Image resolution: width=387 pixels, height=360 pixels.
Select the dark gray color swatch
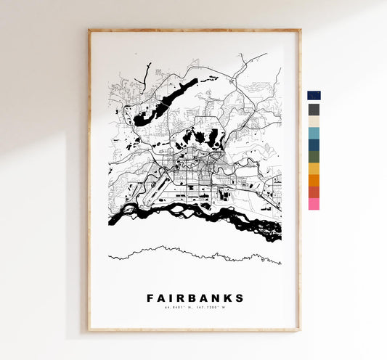coord(314,110)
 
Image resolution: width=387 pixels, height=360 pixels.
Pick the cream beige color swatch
coord(314,121)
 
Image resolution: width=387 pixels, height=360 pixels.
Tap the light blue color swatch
coord(314,133)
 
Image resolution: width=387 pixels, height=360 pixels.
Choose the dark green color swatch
coord(314,156)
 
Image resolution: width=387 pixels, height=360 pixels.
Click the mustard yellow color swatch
coord(314,168)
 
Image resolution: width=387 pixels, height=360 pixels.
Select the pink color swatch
coord(314,204)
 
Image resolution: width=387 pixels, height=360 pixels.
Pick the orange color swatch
coord(314,180)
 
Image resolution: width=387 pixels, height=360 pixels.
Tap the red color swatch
coord(314,192)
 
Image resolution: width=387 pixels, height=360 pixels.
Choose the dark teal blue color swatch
coord(314,144)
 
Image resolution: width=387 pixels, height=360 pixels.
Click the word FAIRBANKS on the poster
coord(195,298)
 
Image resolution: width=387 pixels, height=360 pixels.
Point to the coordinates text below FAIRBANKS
coord(195,309)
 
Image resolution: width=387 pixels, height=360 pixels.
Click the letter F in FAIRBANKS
coord(150,298)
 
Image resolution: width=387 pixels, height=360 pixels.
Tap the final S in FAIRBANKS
coord(240,298)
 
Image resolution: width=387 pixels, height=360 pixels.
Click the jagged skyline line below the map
coord(195,253)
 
